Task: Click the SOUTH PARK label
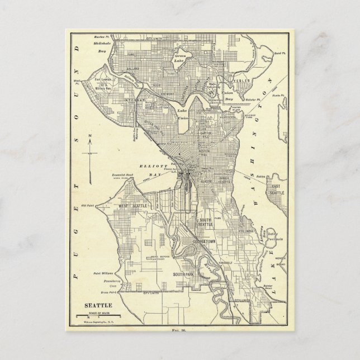[x=183, y=274]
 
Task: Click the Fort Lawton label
[x=114, y=80]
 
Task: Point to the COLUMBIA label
[x=248, y=229]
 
